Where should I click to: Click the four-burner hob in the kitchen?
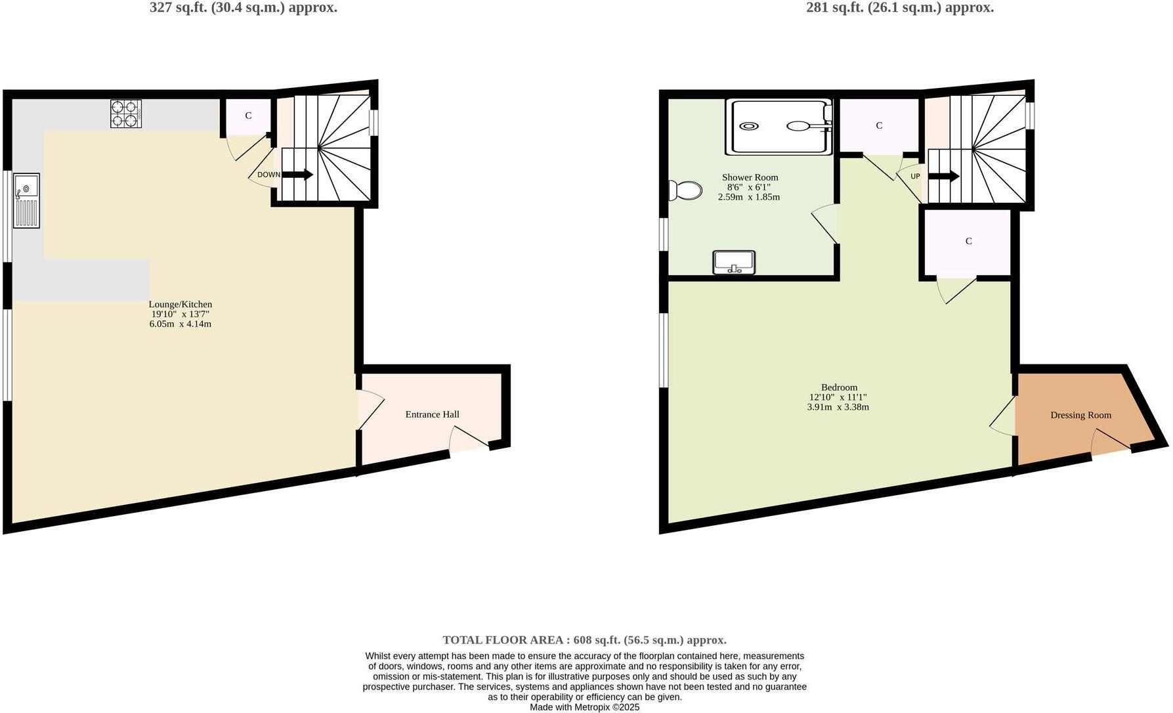coord(125,114)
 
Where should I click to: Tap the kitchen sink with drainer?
coord(26,200)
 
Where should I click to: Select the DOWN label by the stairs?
coord(268,175)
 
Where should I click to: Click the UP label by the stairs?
coord(915,177)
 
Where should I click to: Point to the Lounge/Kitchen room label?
coord(181,305)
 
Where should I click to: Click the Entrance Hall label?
coord(432,414)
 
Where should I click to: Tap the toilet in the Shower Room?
coord(685,190)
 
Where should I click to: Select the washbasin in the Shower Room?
coord(734,262)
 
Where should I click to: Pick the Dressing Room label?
coord(1080,415)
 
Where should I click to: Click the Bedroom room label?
coord(839,387)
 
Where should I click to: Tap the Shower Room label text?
coord(750,177)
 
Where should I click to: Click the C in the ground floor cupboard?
coord(248,116)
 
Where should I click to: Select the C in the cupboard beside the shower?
coord(879,125)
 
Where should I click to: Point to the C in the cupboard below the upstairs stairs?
coord(968,241)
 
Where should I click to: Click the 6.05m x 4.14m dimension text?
coord(181,324)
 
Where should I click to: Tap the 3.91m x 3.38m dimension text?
coord(838,407)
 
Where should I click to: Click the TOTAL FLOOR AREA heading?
coord(584,639)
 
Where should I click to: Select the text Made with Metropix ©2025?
coord(584,707)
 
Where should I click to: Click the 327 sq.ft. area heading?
coord(244,8)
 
